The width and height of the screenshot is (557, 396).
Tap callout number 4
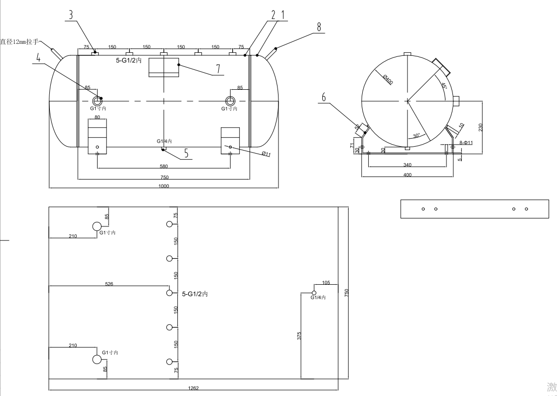38,58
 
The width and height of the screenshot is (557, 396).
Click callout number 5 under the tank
186,154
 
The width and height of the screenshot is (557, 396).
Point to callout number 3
71,15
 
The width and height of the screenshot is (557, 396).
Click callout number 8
319,26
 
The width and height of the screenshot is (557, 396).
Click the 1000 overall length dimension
164,186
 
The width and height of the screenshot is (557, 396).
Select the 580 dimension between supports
164,166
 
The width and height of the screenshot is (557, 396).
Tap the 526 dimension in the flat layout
109,284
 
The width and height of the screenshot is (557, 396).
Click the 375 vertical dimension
299,336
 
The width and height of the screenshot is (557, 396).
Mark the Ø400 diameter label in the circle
388,79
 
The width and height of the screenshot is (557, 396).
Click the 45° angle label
443,86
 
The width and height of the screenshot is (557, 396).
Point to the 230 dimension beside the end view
480,128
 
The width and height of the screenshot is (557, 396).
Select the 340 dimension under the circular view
408,165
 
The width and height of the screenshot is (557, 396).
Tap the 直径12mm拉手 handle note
19,42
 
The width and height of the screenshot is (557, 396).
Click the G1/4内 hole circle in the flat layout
314,293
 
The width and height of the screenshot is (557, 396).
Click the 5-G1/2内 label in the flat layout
195,294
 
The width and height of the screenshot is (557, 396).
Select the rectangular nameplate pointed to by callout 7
164,67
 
